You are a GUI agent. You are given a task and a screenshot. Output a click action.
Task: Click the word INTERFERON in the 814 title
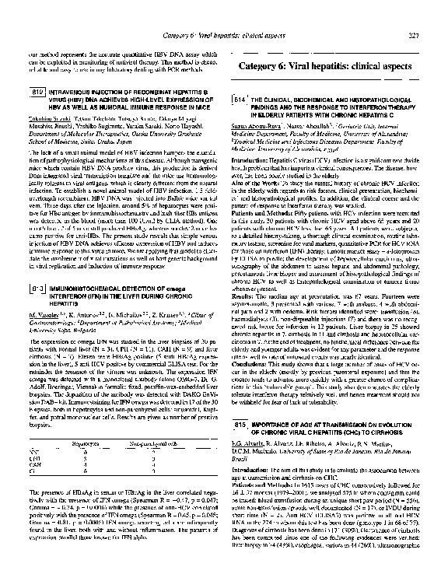(x=378, y=110)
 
